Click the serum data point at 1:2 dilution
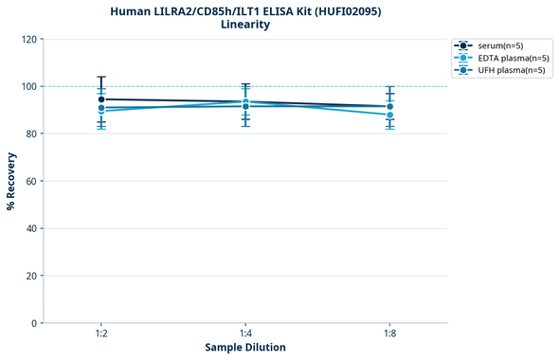click(101, 99)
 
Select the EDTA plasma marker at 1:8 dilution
click(389, 115)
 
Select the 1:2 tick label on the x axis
click(101, 334)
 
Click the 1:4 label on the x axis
click(245, 334)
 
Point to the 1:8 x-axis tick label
click(389, 334)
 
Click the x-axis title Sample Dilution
click(245, 348)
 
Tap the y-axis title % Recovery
click(11, 181)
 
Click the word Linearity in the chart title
click(245, 25)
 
